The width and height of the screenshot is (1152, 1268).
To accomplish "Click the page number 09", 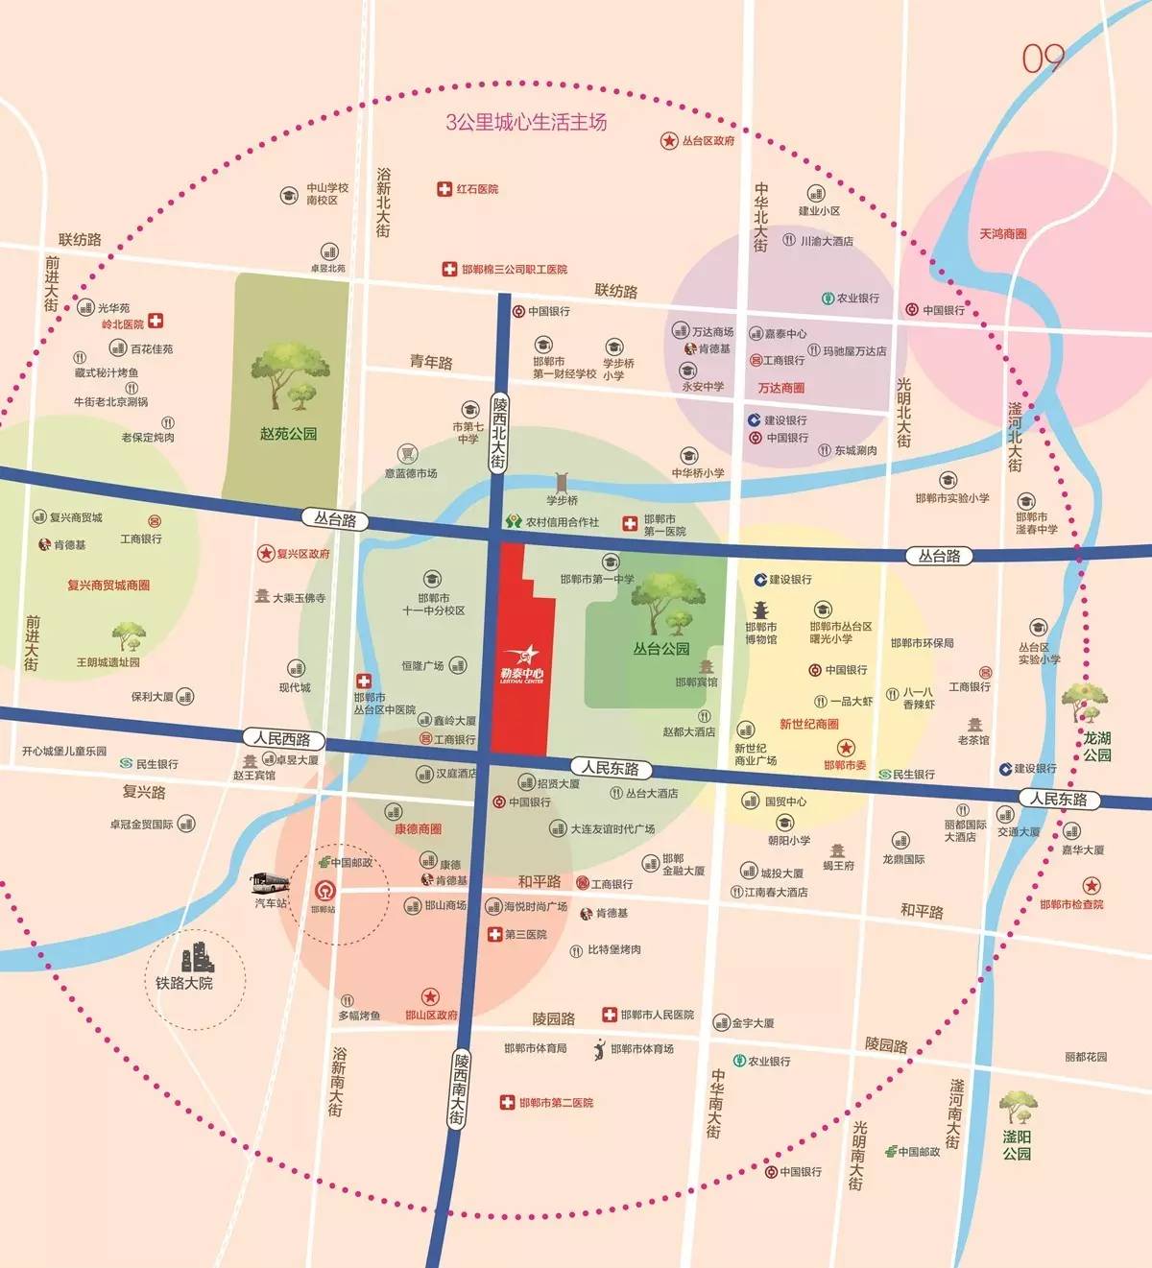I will coord(1043,60).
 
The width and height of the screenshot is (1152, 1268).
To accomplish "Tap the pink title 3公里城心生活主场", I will coord(526,122).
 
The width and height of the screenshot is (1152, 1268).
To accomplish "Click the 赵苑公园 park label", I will coord(288,434).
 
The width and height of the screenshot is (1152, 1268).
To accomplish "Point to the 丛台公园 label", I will coord(660,649).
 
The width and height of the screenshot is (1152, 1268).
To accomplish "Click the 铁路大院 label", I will coord(184,983).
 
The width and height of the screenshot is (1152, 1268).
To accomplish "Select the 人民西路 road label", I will coord(282,738).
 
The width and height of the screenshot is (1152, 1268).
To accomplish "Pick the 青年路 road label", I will coord(431,362).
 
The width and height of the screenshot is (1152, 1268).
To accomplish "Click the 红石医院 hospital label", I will coord(477,189).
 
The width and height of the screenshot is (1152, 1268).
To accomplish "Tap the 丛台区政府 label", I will coord(708,141).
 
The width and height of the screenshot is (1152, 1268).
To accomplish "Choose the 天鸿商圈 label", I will coord(1003,233).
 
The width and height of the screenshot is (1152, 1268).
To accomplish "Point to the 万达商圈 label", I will coord(780,388).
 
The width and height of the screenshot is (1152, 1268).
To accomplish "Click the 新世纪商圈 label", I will coord(808,724).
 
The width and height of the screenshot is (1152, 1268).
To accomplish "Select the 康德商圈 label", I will coord(418,828).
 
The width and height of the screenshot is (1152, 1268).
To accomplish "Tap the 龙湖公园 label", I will coord(1097,746).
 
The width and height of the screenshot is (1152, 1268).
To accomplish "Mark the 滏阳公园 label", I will coord(1017,1145).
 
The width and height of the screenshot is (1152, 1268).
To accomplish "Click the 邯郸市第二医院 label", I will coord(556,1103).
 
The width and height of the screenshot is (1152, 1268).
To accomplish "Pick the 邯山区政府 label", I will coord(431,1015).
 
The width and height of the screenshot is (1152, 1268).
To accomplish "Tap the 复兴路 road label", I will coord(144,792).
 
